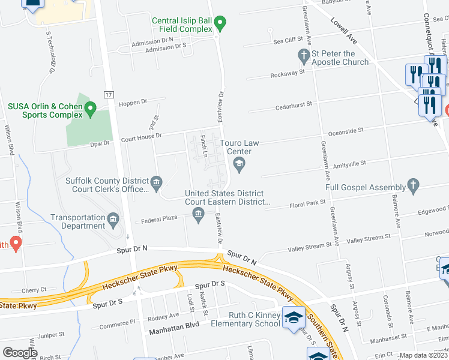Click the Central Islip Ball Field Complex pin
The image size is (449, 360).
tap(220, 25)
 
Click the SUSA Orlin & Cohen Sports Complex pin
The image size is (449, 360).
tap(90, 109)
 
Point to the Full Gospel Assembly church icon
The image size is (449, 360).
tap(412, 185)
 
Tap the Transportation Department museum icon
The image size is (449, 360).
tap(113, 220)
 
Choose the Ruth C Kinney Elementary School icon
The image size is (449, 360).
tap(293, 317)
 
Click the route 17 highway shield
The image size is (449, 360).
tap(109, 95)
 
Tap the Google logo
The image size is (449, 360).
tap(20, 353)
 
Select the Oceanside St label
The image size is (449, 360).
tap(345, 130)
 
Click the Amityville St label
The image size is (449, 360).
tap(345, 164)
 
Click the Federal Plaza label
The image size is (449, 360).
tap(159, 219)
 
